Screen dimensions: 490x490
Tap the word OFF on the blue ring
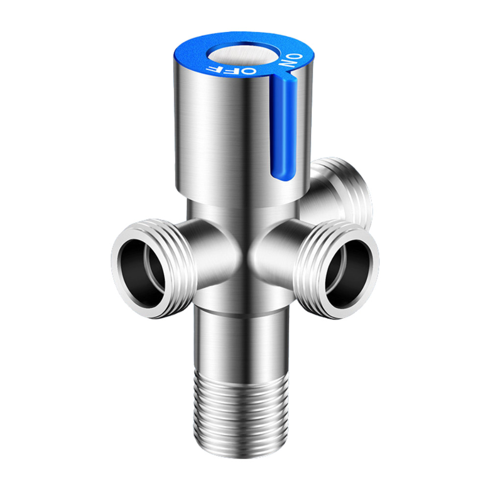click(231, 70)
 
